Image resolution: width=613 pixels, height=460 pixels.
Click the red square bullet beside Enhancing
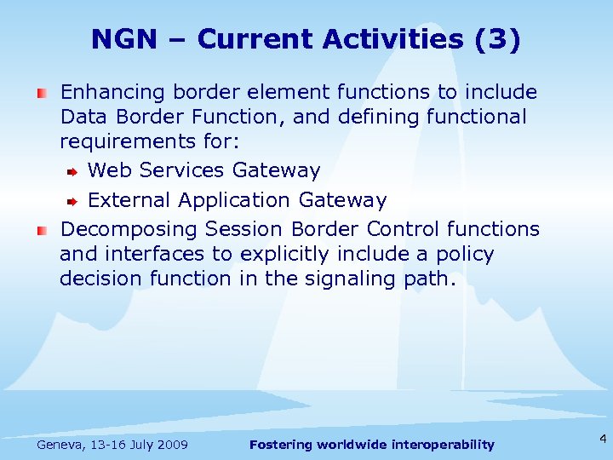pyautogui.click(x=41, y=92)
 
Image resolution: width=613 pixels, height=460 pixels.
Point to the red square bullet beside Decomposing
pyautogui.click(x=41, y=230)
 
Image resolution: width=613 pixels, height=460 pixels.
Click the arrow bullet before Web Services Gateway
pyautogui.click(x=72, y=172)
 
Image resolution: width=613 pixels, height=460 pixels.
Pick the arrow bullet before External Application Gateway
pyautogui.click(x=72, y=202)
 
